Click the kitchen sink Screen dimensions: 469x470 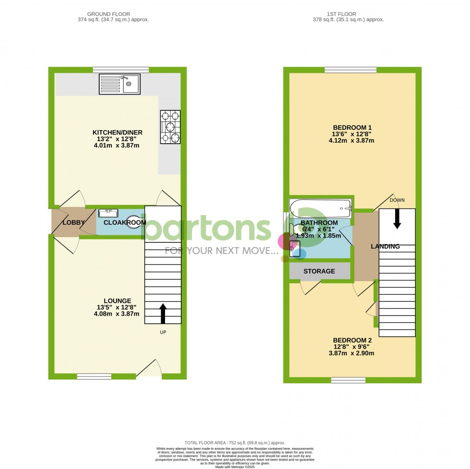tap(119, 84)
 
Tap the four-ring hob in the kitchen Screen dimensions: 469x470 tap(170, 127)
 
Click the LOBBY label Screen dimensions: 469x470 tap(73, 222)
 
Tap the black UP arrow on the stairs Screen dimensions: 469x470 tap(163, 314)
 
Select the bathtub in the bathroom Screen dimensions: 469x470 tap(321, 208)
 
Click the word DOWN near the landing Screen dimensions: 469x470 tap(397, 200)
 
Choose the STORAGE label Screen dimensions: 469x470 tap(319, 271)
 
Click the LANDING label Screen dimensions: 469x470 tap(385, 247)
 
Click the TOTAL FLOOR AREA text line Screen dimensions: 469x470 tap(235, 443)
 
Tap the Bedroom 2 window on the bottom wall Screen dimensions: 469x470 tap(348, 380)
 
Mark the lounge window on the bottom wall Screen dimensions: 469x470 tap(94, 377)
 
